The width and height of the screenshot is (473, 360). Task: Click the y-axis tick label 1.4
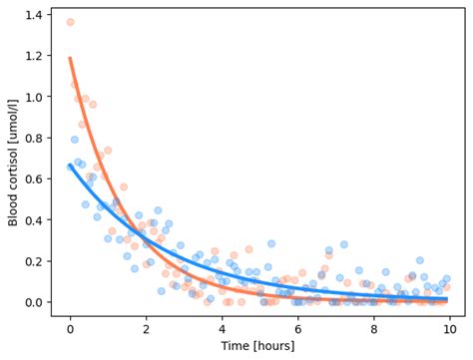(x=35, y=15)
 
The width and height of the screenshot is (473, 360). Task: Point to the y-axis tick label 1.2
(x=35, y=56)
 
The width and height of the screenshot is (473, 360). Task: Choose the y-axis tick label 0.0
(x=35, y=302)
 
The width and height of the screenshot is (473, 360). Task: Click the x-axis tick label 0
(x=70, y=326)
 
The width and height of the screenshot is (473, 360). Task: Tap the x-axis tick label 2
(x=146, y=326)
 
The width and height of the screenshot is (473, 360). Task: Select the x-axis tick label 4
(x=222, y=326)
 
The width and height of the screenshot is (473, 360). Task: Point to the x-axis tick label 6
(x=297, y=326)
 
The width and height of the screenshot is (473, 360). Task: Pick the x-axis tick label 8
(x=373, y=326)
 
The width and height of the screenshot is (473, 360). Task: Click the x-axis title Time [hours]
(x=259, y=345)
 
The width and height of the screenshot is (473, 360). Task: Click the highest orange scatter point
(x=70, y=22)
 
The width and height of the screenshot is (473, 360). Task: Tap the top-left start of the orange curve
(x=70, y=58)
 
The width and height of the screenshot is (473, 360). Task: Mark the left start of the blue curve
(x=70, y=166)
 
